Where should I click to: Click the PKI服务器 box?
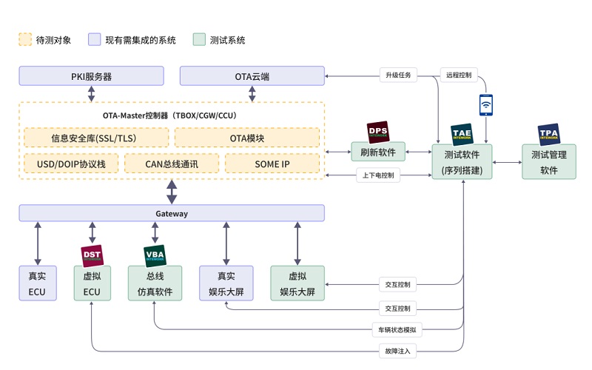[x=91, y=75]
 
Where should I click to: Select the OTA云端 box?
[x=252, y=75]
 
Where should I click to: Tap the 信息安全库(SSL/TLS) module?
[x=94, y=138]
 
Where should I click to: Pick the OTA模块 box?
[x=247, y=138]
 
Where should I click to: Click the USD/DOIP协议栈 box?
[x=70, y=164]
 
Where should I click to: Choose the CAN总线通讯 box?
[x=172, y=164]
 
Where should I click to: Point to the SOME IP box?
[x=272, y=164]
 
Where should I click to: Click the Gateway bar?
[x=172, y=213]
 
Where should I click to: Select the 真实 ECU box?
[x=37, y=283]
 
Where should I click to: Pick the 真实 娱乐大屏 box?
[x=226, y=283]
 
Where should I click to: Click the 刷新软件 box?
[x=378, y=153]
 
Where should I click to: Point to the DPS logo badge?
[x=378, y=131]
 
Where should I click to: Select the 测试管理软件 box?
[x=548, y=162]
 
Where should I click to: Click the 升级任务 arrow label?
[x=398, y=75]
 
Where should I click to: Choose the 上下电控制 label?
[x=379, y=175]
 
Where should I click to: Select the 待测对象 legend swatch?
[x=25, y=40]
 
